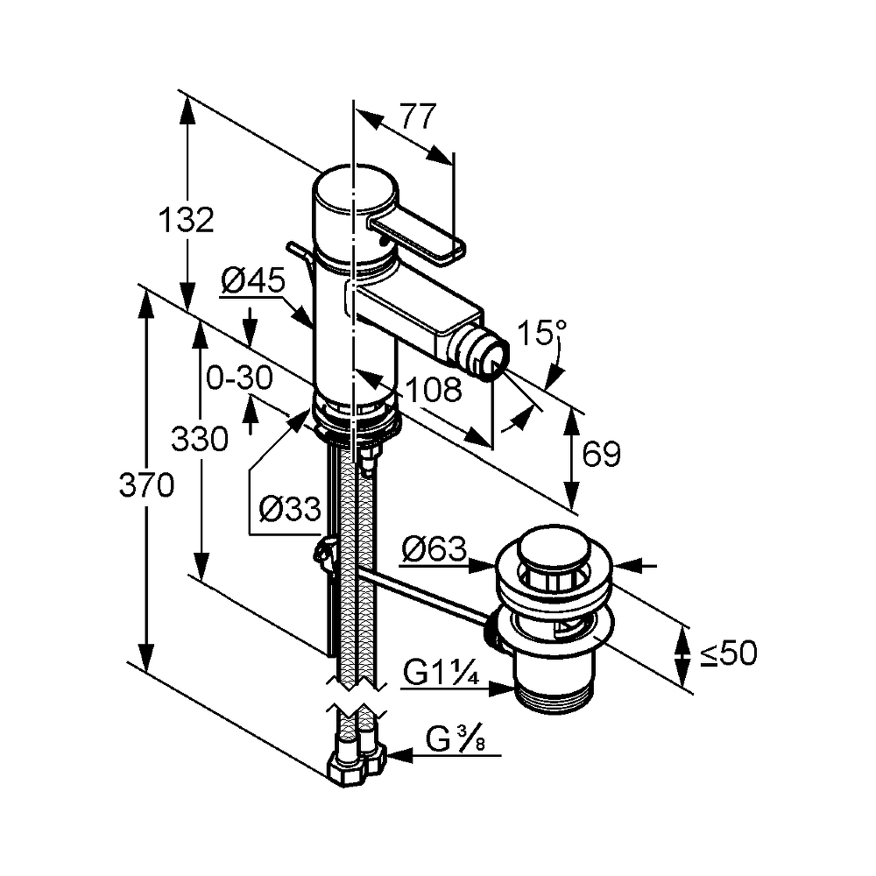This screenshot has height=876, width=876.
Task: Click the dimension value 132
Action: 187,220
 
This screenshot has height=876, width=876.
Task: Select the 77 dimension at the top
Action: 419,117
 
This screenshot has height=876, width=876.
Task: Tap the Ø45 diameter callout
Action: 253,280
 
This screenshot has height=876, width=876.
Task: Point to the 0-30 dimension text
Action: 239,378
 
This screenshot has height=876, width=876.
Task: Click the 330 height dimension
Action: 200,439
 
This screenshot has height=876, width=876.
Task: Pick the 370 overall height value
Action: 147,484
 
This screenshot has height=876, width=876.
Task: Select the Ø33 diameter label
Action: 291,509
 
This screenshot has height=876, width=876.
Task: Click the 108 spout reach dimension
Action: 434,389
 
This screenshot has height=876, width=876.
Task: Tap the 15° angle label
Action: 542,333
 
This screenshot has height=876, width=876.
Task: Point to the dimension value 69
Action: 601,454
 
